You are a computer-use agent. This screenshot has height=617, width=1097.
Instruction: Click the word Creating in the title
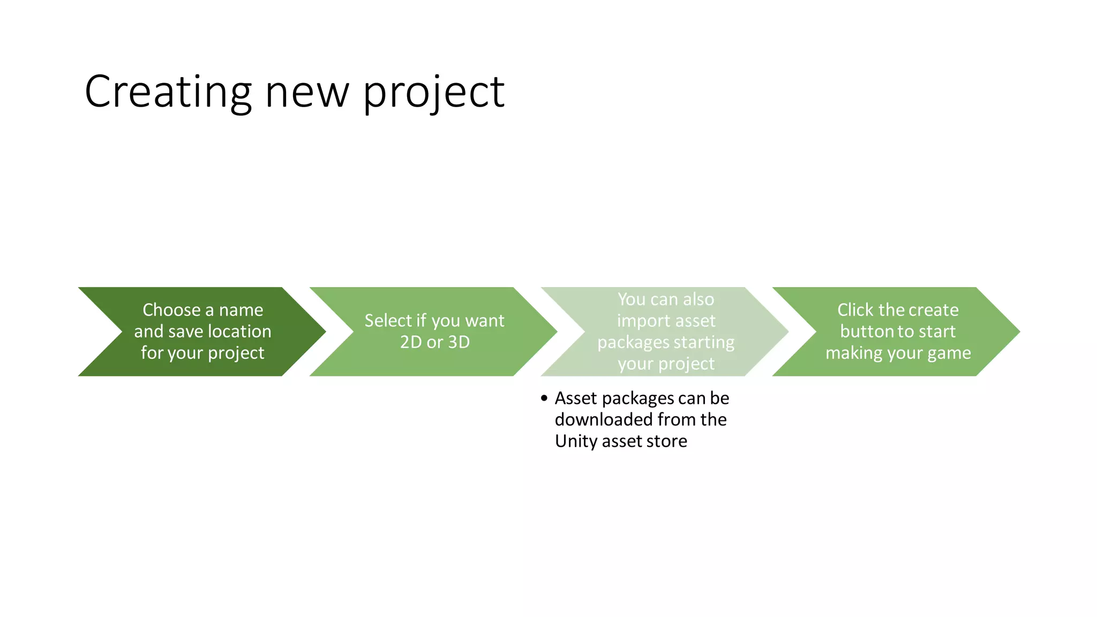tap(168, 92)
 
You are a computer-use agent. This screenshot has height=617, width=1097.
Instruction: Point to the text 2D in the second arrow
tap(411, 342)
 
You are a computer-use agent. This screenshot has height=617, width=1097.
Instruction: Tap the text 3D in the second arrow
tap(459, 342)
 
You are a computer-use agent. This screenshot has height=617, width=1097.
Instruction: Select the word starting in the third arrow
tap(704, 343)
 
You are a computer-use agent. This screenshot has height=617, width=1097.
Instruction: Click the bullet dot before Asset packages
tap(544, 398)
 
